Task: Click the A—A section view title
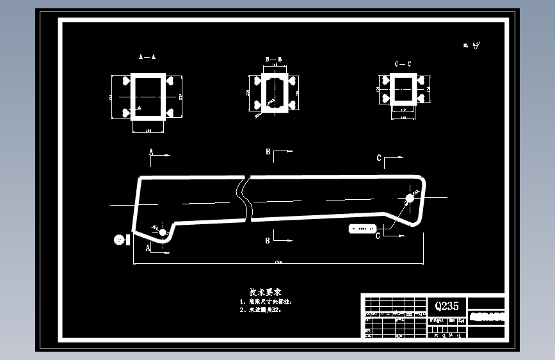pyautogui.click(x=147, y=57)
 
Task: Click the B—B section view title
pyautogui.click(x=273, y=59)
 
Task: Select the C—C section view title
pyautogui.click(x=403, y=64)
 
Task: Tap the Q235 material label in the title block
pyautogui.click(x=446, y=306)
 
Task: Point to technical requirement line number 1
pyautogui.click(x=265, y=301)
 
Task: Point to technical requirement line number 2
pyautogui.click(x=260, y=309)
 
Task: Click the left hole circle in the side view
pyautogui.click(x=163, y=231)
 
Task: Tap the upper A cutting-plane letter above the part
pyautogui.click(x=151, y=152)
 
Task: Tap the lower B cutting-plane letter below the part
pyautogui.click(x=268, y=240)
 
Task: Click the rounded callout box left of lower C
pyautogui.click(x=360, y=228)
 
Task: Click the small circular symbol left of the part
pyautogui.click(x=118, y=239)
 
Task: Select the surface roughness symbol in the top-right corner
pyautogui.click(x=476, y=45)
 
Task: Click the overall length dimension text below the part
pyautogui.click(x=278, y=262)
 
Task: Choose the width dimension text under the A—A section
pyautogui.click(x=148, y=131)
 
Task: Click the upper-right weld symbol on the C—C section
pyautogui.click(x=420, y=81)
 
